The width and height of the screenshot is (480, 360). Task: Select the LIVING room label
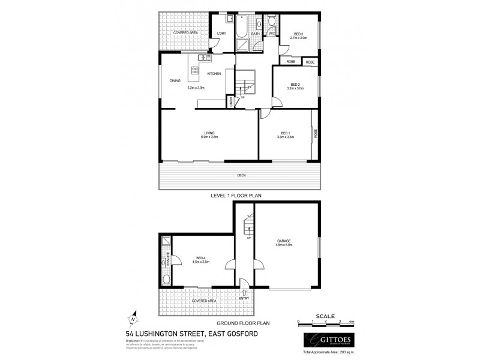(209, 133)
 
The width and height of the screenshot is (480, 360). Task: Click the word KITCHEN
(214, 73)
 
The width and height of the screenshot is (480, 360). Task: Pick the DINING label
(175, 80)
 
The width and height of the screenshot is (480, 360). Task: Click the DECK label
(241, 175)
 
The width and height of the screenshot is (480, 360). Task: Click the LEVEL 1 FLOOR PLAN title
(240, 195)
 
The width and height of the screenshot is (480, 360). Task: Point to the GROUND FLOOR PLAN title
(240, 323)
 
